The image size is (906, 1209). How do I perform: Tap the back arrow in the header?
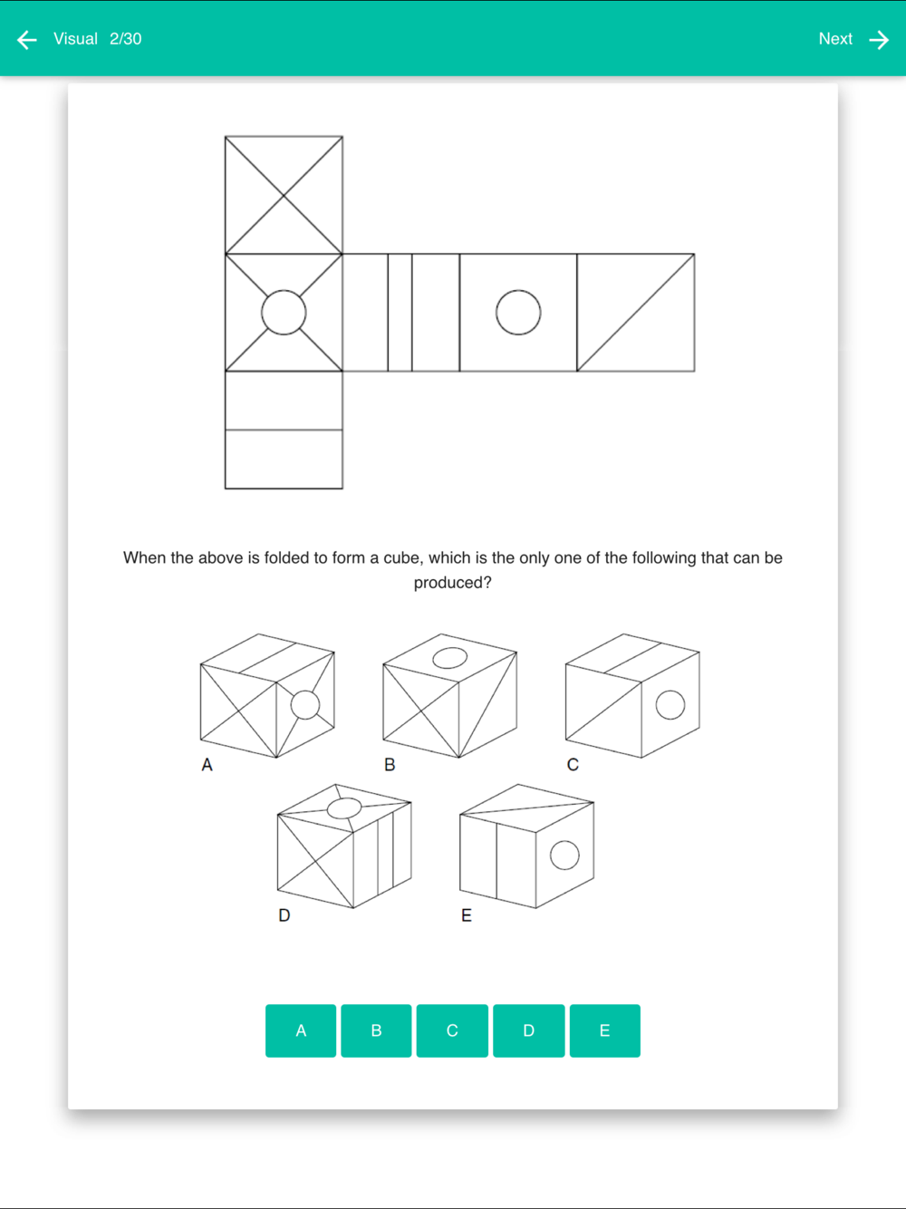click(27, 40)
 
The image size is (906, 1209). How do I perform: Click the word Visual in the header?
click(75, 39)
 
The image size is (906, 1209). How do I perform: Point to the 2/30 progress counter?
click(126, 39)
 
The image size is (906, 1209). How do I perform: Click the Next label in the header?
click(835, 39)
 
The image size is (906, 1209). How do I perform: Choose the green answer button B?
click(376, 1030)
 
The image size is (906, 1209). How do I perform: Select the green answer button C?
click(452, 1030)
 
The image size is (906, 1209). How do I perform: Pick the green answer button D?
click(528, 1030)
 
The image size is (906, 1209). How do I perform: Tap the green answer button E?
click(604, 1030)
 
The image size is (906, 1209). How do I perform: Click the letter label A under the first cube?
click(207, 765)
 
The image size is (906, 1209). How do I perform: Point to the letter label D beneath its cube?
click(284, 915)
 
